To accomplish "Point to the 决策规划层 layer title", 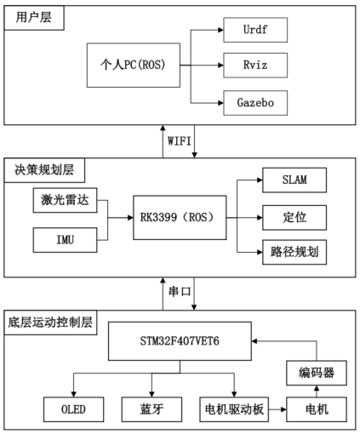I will point(39,169).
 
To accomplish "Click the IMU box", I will point(64,241).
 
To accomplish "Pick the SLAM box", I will point(294,182).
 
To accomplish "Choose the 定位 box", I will point(294,217).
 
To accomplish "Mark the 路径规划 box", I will point(294,252).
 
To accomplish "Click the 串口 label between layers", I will point(180,292).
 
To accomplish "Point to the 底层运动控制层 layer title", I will point(52,323).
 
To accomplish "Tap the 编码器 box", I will point(317,371).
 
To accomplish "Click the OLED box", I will point(73,411).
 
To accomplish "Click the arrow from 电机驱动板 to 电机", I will point(277,411).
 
